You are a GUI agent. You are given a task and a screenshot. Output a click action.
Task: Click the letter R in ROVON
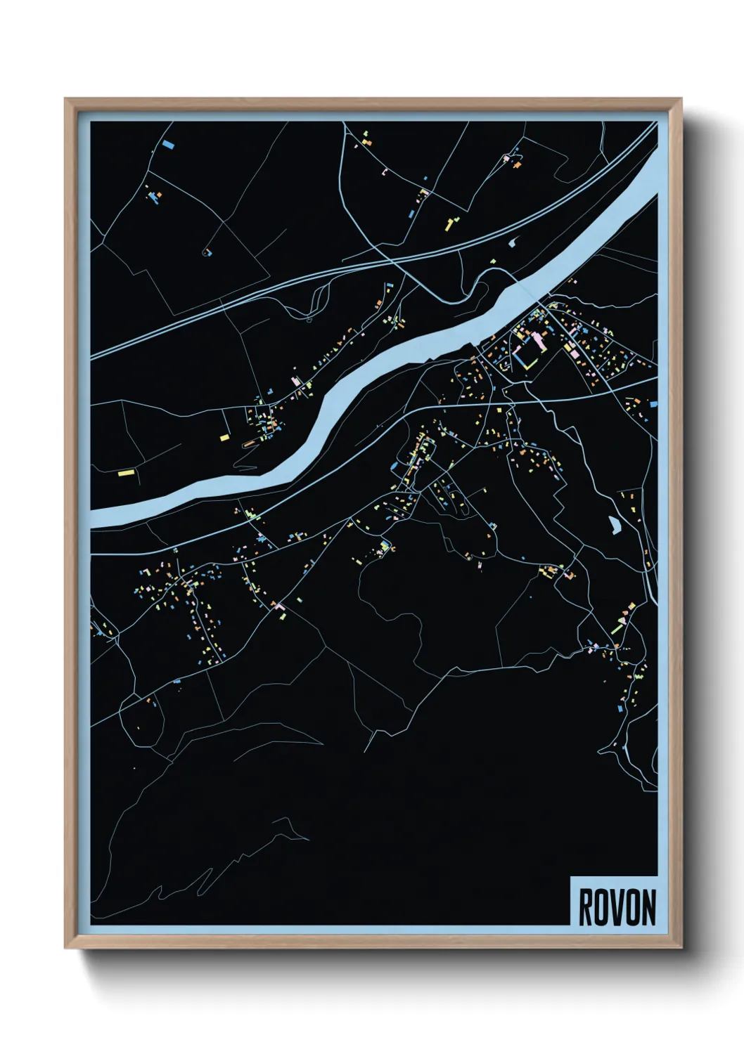(x=585, y=907)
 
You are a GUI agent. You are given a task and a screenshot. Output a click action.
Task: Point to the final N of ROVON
(x=648, y=907)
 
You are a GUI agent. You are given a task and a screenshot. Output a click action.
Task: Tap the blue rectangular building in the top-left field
(x=168, y=145)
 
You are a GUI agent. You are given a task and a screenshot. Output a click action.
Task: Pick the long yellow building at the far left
(x=126, y=473)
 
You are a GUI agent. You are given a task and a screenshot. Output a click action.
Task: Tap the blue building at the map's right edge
(x=653, y=404)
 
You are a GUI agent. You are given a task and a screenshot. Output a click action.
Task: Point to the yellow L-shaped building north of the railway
(x=448, y=225)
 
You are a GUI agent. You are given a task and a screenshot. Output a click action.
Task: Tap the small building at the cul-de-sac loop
(x=207, y=252)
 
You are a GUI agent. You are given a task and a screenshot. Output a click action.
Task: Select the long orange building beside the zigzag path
(x=251, y=443)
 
